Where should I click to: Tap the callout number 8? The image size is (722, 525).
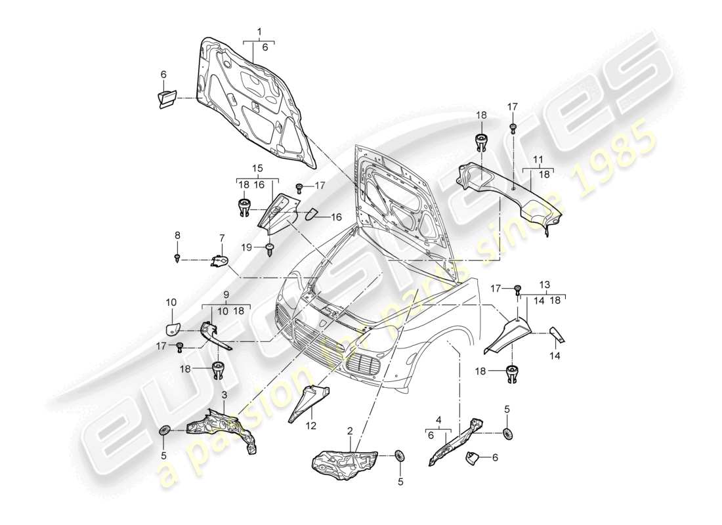click(x=177, y=234)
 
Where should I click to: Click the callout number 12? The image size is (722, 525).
click(x=310, y=425)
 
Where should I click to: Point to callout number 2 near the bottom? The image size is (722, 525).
click(x=350, y=431)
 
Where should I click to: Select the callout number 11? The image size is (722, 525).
click(x=538, y=159)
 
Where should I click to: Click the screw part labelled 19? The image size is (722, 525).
click(x=270, y=248)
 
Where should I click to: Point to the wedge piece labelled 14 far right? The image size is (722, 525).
click(x=557, y=335)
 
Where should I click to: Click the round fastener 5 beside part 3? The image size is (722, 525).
click(x=165, y=431)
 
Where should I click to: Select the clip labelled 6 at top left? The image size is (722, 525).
click(x=166, y=99)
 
